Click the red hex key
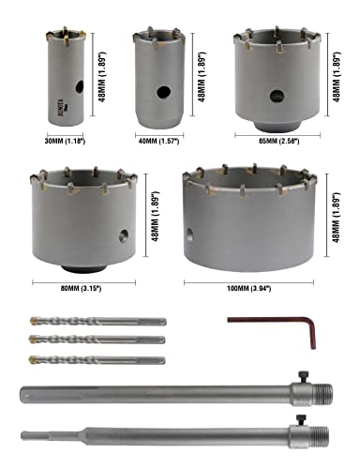[266, 327]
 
